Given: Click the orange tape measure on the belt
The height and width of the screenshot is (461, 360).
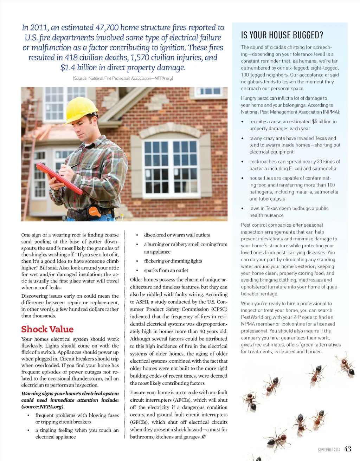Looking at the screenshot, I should click(95, 212).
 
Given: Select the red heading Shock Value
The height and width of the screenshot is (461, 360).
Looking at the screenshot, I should click(47, 329).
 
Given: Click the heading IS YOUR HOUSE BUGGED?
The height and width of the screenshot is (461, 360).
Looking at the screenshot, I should click(282, 35).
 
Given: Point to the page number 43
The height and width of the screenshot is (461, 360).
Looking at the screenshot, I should click(348, 449).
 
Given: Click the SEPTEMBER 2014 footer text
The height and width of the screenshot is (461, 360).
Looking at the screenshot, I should click(329, 450).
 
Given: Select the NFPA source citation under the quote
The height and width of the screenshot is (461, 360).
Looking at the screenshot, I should click(123, 78).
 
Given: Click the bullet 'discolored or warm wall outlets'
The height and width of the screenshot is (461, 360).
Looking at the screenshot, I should click(177, 235).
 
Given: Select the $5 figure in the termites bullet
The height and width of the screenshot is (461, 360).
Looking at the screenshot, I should click(315, 122).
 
